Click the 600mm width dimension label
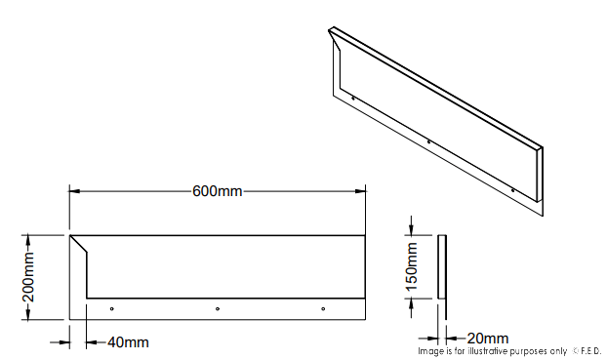[x=217, y=190]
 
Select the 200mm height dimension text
[x=29, y=276]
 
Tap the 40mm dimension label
[x=128, y=341]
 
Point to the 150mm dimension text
[x=412, y=266]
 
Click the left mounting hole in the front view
[x=112, y=309]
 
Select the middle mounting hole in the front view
[x=218, y=309]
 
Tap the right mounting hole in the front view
[x=323, y=309]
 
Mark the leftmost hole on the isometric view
[x=352, y=98]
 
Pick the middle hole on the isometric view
[x=429, y=142]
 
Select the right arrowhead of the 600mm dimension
[x=362, y=190]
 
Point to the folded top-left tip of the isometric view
[x=332, y=29]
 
